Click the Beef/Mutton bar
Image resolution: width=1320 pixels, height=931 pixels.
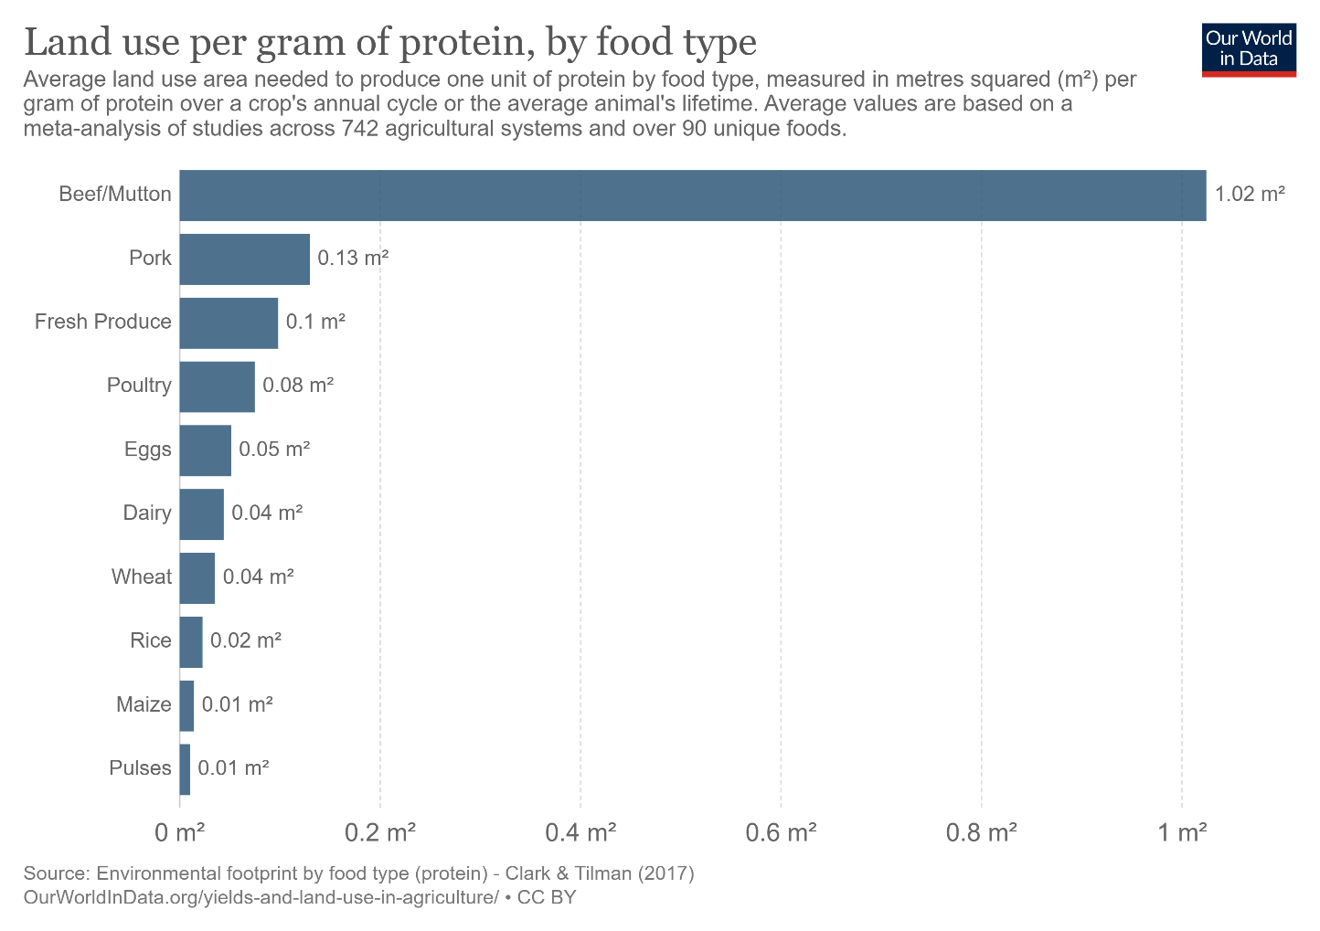coord(692,196)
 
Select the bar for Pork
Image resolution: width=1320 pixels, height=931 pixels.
coord(245,259)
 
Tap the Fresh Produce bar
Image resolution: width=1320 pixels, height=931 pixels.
coord(229,323)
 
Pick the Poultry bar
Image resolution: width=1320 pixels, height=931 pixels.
coord(218,386)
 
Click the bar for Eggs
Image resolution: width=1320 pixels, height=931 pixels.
coord(206,450)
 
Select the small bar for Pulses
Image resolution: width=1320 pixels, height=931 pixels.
coord(185,769)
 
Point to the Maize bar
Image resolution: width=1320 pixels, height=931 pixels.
coord(186,706)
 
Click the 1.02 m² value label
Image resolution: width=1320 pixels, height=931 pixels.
coord(1250,194)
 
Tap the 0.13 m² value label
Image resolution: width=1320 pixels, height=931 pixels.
coord(353,258)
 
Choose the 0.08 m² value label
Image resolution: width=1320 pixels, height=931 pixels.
coord(298,386)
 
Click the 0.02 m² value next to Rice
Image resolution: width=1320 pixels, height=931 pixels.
coord(246,640)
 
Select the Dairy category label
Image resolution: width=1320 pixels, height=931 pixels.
coord(147,513)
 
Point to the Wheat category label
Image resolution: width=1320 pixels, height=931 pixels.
coord(142,577)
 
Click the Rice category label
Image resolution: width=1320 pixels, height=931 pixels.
coord(151,640)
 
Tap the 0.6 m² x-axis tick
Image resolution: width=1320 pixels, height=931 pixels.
coord(781,832)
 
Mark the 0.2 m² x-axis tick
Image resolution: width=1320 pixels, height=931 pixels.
coord(380,832)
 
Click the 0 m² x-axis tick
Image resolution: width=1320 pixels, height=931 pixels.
coord(180,832)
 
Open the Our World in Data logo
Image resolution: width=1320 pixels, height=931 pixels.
coord(1249,50)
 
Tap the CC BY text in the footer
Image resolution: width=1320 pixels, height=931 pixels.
coord(547,897)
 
